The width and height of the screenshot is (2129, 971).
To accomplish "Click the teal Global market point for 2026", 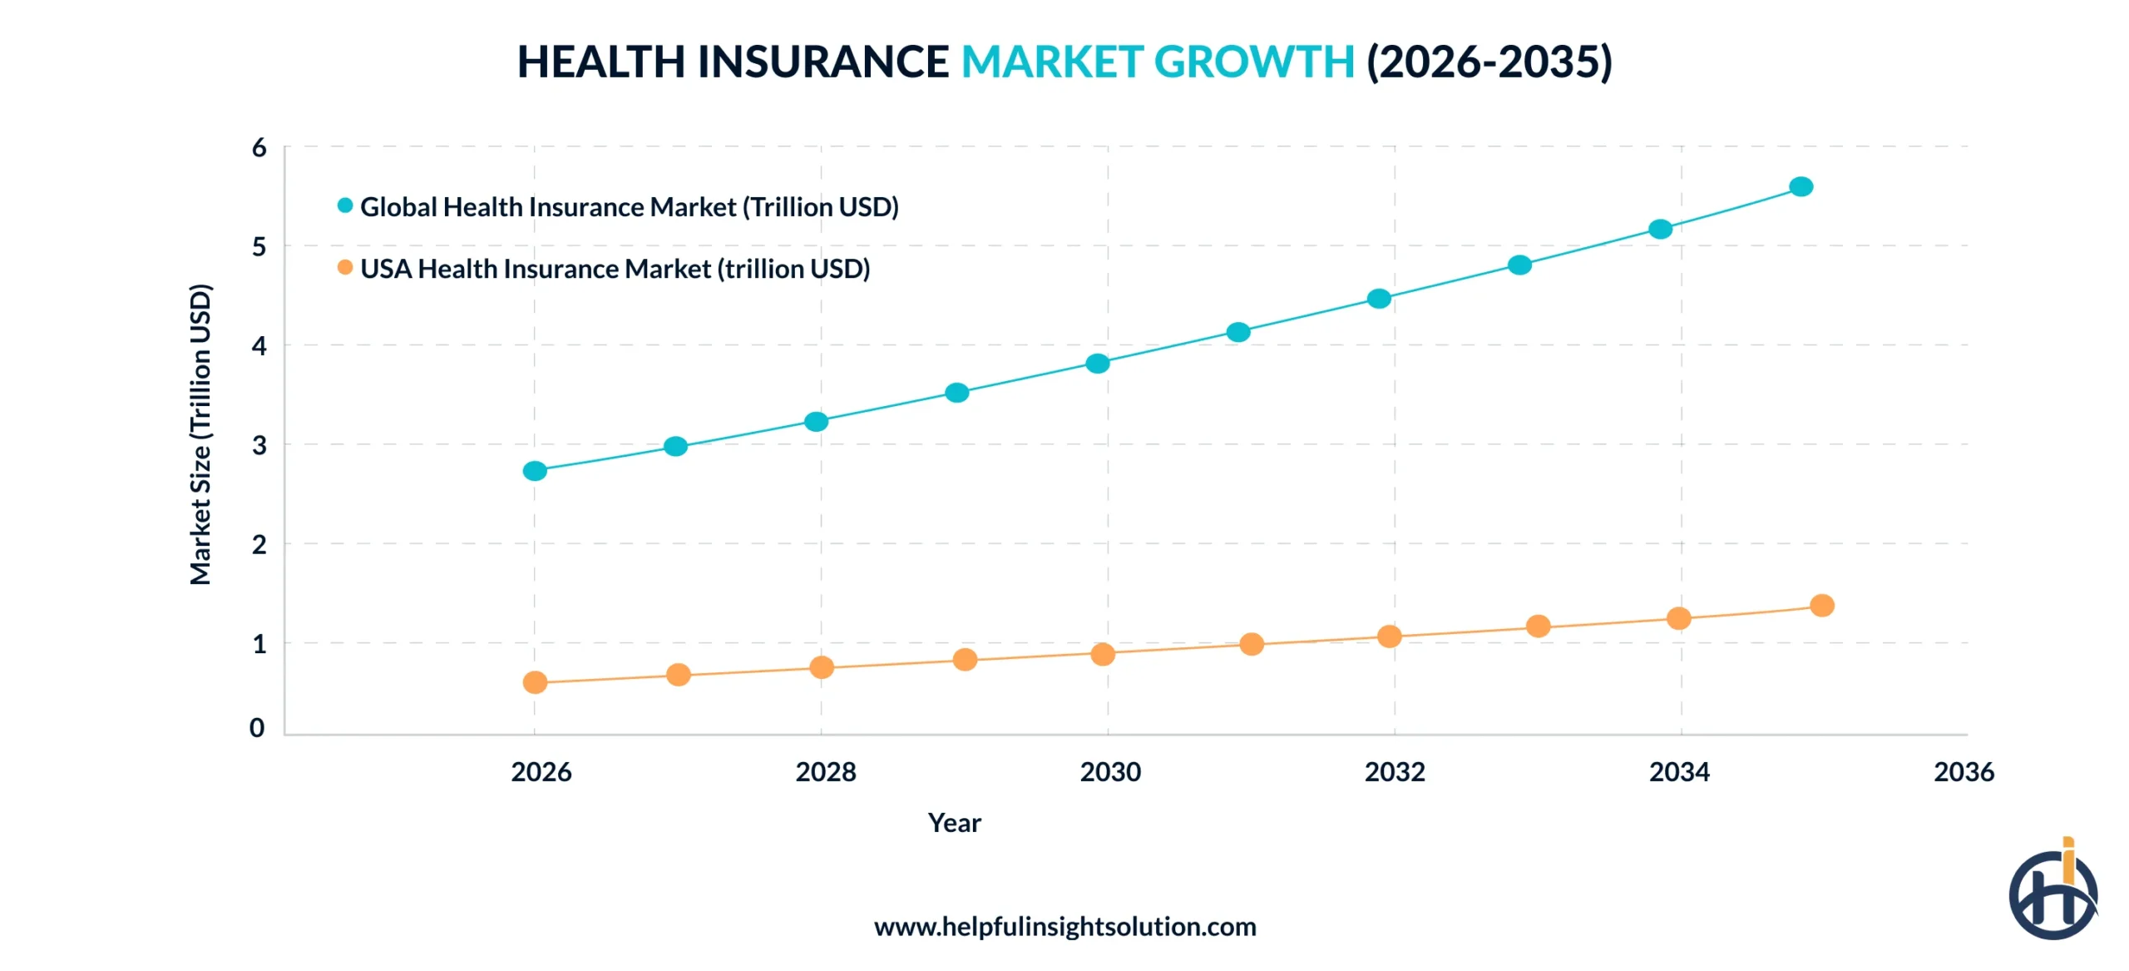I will point(535,471).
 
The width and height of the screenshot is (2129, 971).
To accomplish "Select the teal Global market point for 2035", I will point(1801,186).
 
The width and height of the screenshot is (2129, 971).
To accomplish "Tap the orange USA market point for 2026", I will point(535,682).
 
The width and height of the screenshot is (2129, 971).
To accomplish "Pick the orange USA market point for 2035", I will point(1821,605).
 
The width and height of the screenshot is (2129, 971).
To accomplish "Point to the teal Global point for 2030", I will point(1098,363).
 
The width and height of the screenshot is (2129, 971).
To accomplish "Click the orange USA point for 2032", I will point(1389,637).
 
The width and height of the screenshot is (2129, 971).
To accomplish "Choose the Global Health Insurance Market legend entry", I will point(628,206).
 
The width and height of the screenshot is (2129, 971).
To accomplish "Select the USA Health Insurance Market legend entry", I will point(614,269).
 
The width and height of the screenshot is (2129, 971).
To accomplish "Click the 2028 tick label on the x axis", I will point(825,772).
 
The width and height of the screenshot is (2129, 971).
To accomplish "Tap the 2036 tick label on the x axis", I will point(1964,772).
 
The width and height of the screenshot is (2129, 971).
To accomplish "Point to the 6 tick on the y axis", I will point(259,148).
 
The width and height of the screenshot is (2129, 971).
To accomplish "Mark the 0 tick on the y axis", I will point(258,728).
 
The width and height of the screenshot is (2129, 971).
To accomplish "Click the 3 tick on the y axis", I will point(259,445).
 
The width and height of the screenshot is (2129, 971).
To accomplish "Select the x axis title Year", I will point(954,823).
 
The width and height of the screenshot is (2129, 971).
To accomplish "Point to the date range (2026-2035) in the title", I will point(1489,62).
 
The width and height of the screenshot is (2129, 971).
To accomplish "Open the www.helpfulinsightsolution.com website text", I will point(1064,927).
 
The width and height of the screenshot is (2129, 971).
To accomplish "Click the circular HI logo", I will point(2052,894).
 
